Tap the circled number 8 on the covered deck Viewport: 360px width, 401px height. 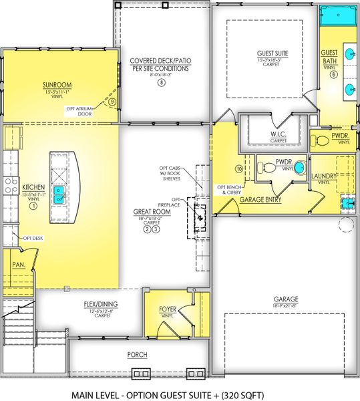point(160,83)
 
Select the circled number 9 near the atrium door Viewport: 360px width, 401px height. point(113,102)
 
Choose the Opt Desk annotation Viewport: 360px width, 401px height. point(33,238)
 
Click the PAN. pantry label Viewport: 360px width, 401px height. point(17,264)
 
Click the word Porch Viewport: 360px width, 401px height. point(137,354)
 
